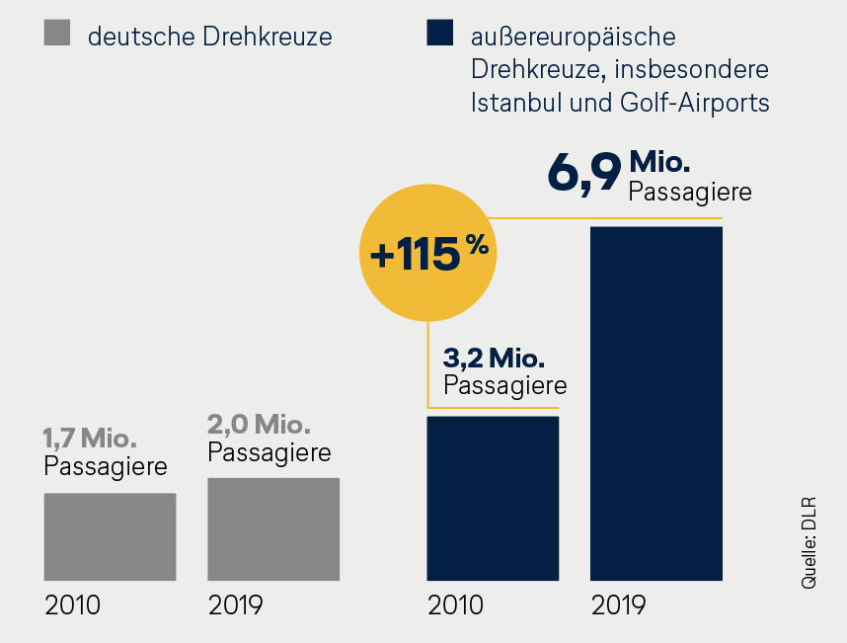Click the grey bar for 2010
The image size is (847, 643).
click(110, 536)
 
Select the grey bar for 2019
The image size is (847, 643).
click(273, 529)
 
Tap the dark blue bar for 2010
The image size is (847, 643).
click(493, 498)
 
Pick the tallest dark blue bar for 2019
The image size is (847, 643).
click(656, 403)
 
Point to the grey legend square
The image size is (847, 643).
click(56, 36)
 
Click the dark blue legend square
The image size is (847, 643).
click(439, 36)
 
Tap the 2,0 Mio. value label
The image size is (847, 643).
click(260, 425)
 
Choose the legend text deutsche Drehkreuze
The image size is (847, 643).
click(209, 39)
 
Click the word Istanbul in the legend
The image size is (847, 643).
click(516, 102)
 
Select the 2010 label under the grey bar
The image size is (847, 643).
click(72, 604)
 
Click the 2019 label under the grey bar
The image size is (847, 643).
click(236, 604)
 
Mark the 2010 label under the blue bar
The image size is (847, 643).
click(455, 604)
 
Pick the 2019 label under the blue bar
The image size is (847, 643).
click(618, 604)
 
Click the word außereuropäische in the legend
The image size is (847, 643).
click(574, 39)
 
